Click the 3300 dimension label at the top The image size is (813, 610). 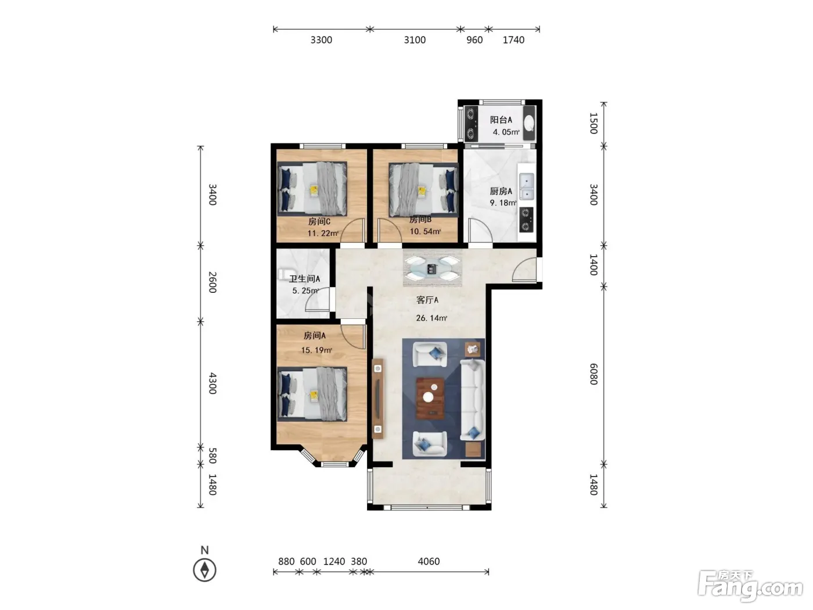321,40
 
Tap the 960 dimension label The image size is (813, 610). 474,40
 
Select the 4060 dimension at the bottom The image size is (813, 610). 429,561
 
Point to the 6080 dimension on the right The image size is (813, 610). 593,374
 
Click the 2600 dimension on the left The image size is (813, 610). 212,282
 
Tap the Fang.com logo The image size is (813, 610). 750,586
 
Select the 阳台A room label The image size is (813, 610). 501,120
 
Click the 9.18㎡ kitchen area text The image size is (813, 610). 503,203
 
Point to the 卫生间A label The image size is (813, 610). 304,278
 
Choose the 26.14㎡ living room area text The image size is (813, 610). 431,318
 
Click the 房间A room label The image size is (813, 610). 315,336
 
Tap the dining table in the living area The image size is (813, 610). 432,268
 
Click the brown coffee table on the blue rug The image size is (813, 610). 430,399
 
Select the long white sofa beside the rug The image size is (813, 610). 472,400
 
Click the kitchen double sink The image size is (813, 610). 526,186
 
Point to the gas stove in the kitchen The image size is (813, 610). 526,220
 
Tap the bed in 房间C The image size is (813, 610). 312,188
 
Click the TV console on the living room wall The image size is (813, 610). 378,399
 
